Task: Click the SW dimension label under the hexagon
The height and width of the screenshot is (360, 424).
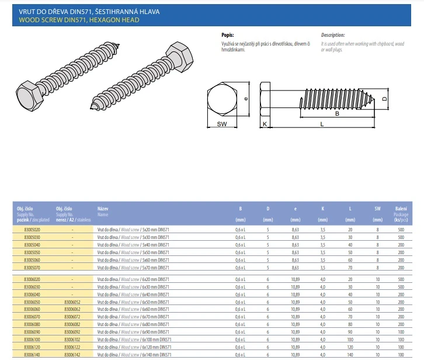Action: click(222, 124)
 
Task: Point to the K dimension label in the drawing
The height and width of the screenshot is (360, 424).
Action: click(265, 124)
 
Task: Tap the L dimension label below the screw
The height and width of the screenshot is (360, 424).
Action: click(321, 124)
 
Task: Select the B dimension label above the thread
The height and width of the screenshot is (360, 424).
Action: click(337, 114)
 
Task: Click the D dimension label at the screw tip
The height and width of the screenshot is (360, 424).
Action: click(384, 99)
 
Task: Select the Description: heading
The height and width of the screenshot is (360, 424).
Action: click(333, 35)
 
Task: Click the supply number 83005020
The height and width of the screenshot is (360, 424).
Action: click(33, 230)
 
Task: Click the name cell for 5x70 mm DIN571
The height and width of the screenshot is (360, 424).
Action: click(133, 266)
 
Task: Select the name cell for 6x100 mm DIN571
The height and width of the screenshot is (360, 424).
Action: click(134, 339)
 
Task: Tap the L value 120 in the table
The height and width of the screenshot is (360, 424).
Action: click(350, 347)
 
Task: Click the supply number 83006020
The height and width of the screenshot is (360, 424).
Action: click(33, 280)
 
